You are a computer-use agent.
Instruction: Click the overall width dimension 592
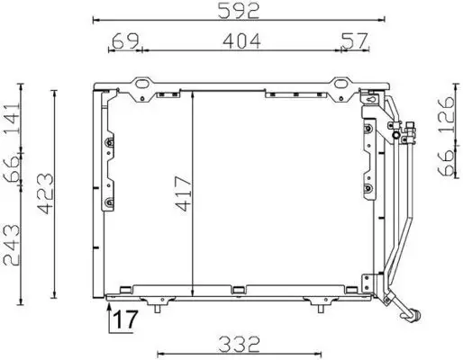click(238, 11)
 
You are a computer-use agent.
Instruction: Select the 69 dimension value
click(126, 40)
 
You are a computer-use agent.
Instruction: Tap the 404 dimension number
click(238, 40)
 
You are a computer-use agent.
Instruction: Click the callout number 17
click(128, 319)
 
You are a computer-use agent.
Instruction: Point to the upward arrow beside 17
click(110, 315)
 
